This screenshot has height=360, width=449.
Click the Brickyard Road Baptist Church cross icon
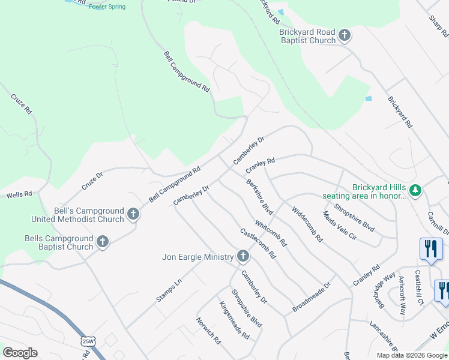345,35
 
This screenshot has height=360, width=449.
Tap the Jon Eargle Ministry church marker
243,256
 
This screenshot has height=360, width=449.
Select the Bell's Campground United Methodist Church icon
133,214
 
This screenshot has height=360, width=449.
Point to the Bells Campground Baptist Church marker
103,242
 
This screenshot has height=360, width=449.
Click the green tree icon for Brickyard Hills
415,191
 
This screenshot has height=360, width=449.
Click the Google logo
20,353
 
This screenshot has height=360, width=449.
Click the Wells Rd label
18,195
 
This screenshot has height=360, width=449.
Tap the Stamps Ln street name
169,290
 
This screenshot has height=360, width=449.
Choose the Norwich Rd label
208,330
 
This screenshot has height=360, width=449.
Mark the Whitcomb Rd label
270,235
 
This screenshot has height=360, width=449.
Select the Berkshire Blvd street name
259,197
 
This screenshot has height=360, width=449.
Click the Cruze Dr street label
92,181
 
